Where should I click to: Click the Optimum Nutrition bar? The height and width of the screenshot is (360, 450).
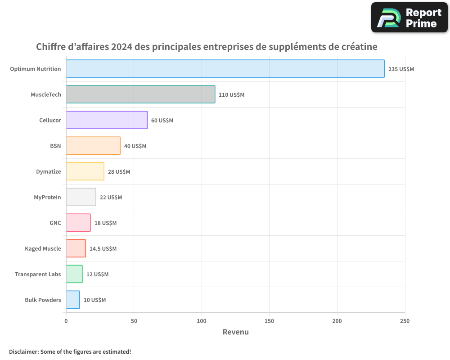point(225,69)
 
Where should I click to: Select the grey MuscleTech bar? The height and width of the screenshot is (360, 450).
point(140,94)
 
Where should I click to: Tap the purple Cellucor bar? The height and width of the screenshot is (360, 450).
point(107,120)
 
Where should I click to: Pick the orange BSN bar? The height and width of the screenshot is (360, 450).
point(93,146)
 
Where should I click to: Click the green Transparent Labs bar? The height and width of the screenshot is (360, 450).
point(74,274)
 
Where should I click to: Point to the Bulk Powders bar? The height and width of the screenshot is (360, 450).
point(73,300)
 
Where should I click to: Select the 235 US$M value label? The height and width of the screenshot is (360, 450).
point(401,69)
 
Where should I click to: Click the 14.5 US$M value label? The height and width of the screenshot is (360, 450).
point(103,249)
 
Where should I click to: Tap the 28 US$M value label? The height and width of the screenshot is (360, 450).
point(119,172)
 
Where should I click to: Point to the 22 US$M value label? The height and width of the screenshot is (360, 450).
point(111,198)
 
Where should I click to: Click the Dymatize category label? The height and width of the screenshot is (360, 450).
point(49,171)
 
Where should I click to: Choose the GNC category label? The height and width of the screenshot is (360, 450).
point(55,223)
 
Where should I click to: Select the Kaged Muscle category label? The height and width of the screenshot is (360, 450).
point(43,248)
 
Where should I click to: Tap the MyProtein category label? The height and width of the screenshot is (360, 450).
point(47,197)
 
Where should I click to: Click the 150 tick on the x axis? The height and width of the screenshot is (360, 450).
point(269,321)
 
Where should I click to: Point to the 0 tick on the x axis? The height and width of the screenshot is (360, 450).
point(66,321)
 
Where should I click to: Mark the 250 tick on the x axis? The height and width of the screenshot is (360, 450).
point(405,321)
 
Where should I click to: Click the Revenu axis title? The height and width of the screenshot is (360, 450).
point(235,332)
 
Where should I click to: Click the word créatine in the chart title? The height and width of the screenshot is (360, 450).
point(359,47)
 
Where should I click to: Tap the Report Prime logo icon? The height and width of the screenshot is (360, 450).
point(388,18)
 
